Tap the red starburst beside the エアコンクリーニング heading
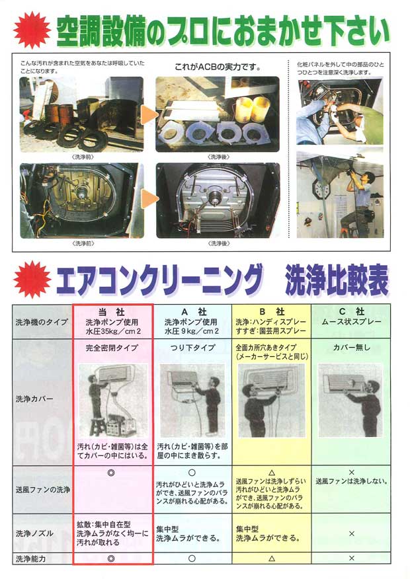32,280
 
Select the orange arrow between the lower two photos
149,199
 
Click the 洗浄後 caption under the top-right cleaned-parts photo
218,157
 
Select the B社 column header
270,311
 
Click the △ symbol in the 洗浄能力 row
270,559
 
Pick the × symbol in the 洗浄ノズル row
351,533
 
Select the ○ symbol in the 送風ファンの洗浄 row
191,473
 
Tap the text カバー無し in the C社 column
351,347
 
